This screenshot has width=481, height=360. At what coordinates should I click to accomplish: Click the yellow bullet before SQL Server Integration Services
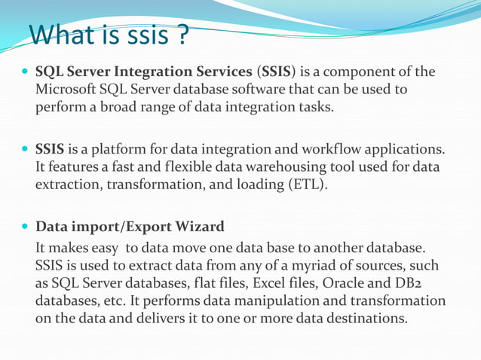(25, 72)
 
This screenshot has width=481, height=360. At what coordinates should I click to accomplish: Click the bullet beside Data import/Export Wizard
(25, 227)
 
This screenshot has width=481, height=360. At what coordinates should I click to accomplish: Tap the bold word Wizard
(198, 226)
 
